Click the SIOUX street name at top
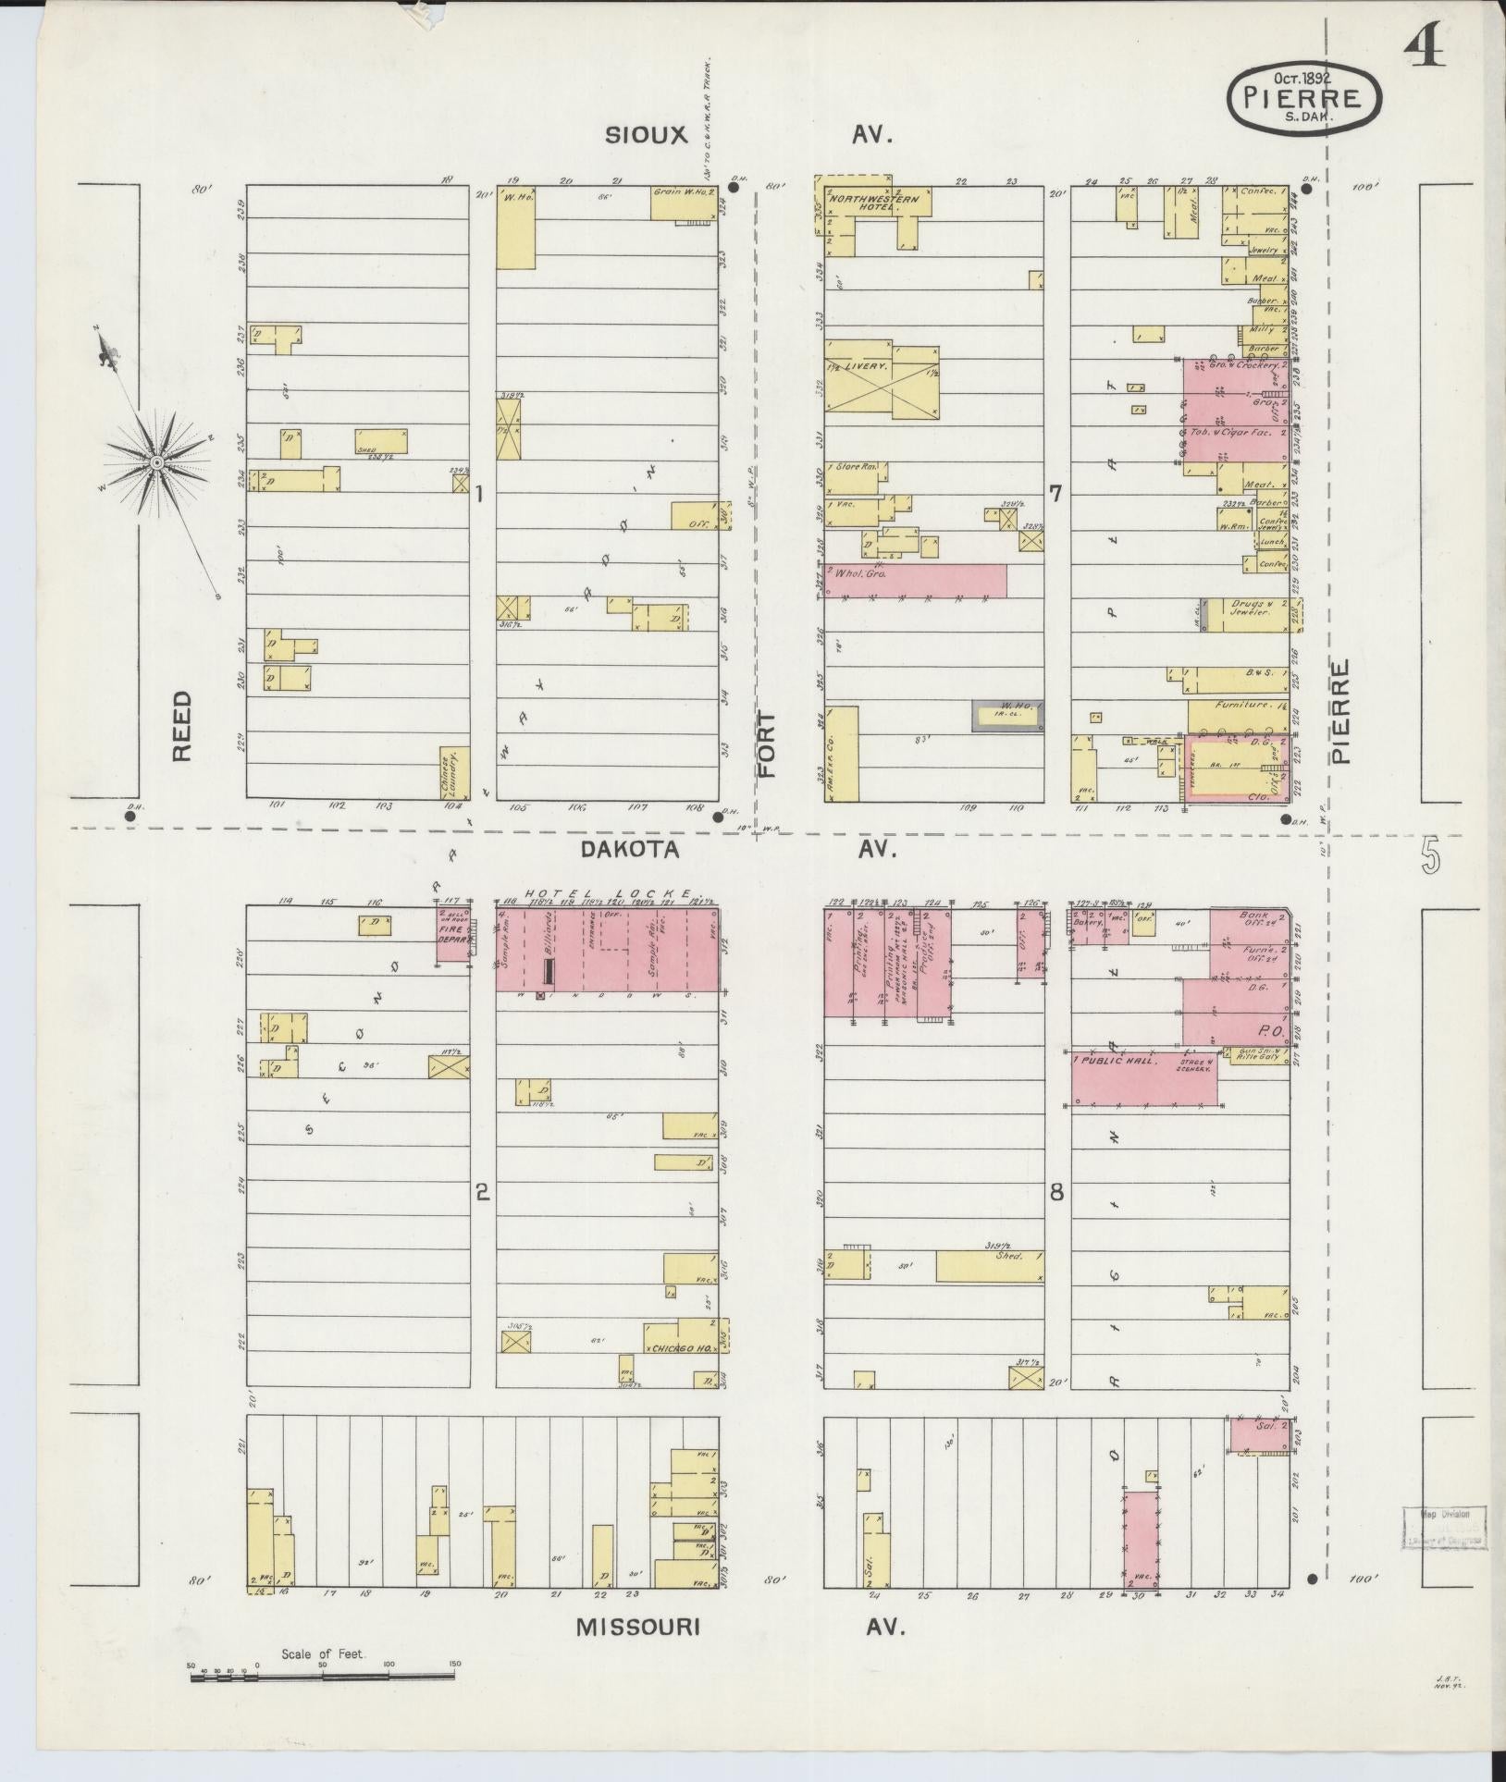pos(647,135)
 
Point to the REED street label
pos(181,726)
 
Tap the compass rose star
pos(157,461)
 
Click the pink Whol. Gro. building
pos(916,581)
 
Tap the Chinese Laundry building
pos(452,772)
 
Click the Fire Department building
pos(454,934)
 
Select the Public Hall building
pos(1143,1078)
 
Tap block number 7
pos(1055,495)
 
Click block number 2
pos(481,1193)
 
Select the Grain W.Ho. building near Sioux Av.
pos(684,204)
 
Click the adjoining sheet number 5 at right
pos(1429,857)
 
